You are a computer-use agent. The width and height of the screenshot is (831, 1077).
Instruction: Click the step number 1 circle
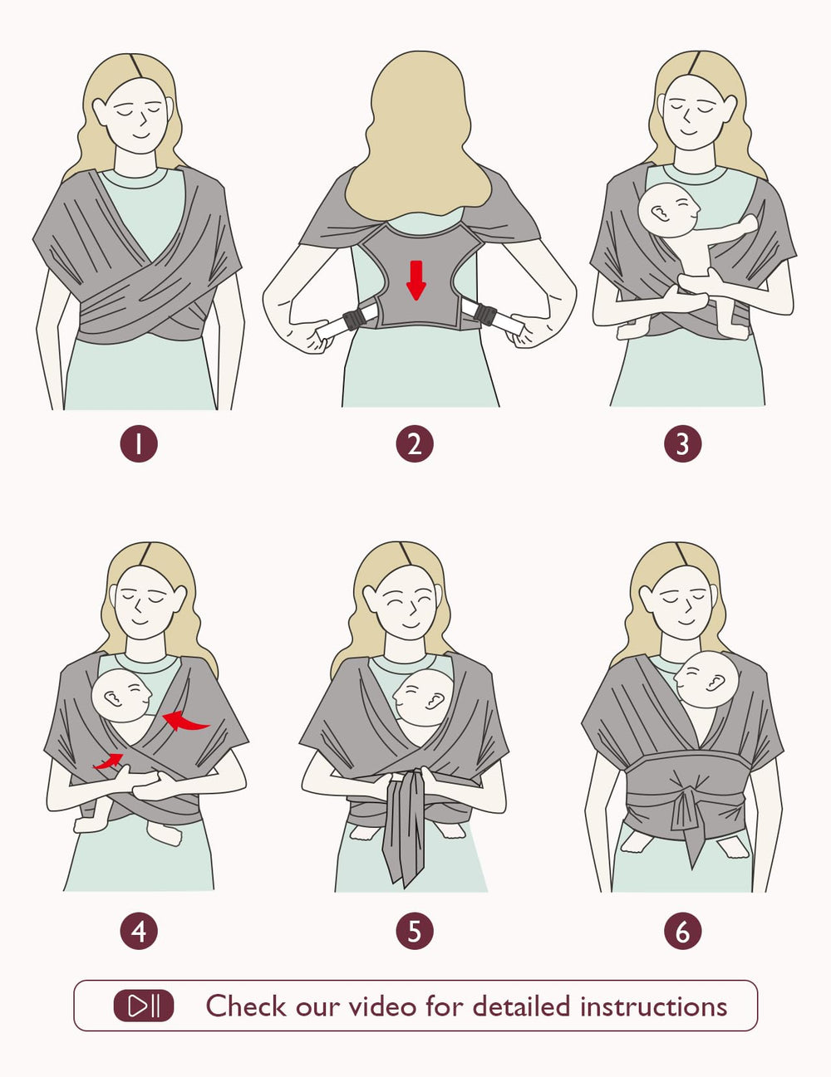(x=139, y=443)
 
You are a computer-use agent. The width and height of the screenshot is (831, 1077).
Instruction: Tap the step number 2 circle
(x=415, y=443)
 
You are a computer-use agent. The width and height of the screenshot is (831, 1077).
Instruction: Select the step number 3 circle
(x=682, y=443)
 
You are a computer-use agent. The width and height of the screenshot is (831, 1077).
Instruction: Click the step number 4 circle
(x=139, y=931)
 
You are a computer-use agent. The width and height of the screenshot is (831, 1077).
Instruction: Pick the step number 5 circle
(x=415, y=931)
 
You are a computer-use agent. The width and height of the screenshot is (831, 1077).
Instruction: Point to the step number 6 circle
(x=682, y=931)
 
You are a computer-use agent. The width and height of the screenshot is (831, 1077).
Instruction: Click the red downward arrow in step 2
(x=416, y=280)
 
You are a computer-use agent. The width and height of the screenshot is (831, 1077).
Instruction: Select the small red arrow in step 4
(x=109, y=760)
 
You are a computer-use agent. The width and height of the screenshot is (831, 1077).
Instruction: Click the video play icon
(x=144, y=1006)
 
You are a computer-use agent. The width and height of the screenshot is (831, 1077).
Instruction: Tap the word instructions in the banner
(x=653, y=1006)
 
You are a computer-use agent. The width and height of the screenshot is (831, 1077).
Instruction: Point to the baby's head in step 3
(x=669, y=209)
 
